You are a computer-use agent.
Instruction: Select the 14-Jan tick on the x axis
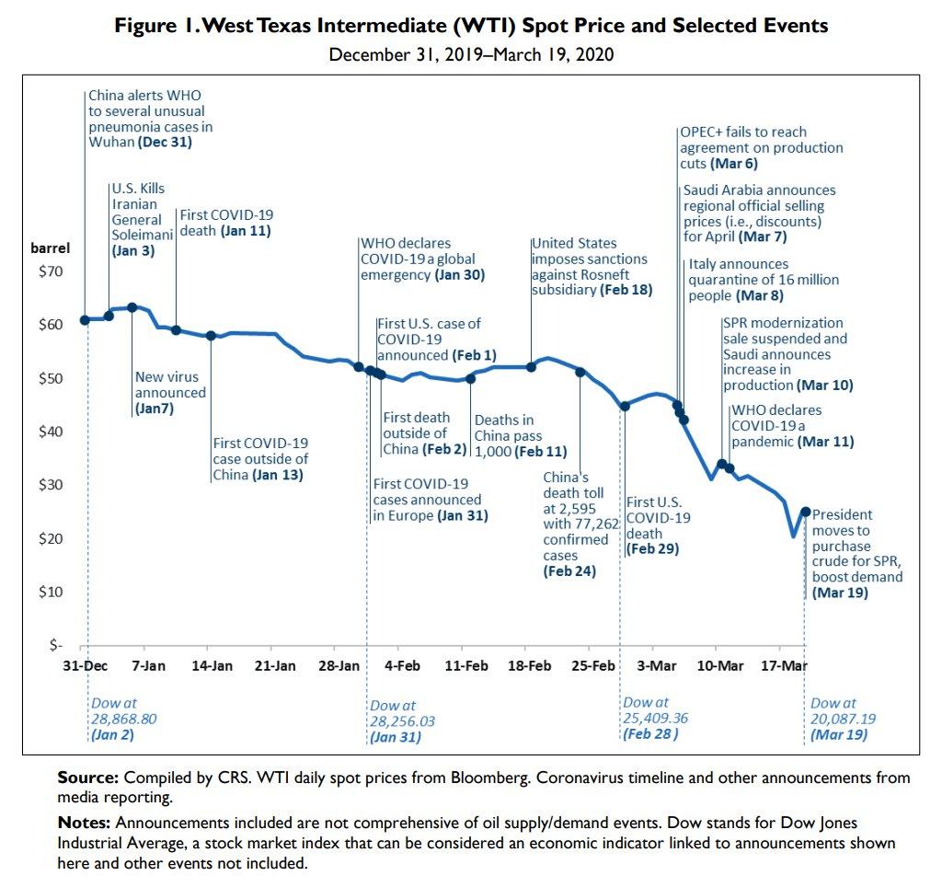[x=212, y=664]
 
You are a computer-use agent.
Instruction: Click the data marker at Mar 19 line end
[x=806, y=512]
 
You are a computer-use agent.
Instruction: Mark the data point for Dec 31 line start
[x=86, y=320]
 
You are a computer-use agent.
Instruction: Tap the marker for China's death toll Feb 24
[x=580, y=372]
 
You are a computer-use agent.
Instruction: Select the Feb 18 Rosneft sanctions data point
[x=531, y=366]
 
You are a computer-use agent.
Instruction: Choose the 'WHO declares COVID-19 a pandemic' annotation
[x=792, y=426]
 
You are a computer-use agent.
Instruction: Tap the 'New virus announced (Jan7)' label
[x=170, y=392]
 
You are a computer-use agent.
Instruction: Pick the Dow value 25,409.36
[x=656, y=718]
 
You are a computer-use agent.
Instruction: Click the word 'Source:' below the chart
[x=87, y=778]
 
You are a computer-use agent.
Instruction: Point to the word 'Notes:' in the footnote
[x=84, y=822]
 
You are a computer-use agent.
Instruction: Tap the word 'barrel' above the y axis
[x=51, y=248]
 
